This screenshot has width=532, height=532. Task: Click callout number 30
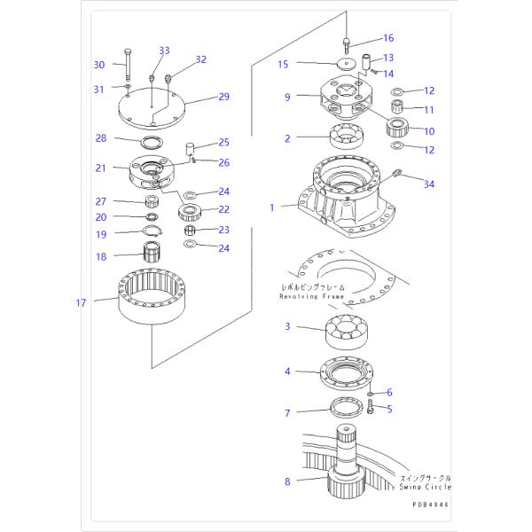click(x=99, y=64)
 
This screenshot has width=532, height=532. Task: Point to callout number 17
click(x=82, y=303)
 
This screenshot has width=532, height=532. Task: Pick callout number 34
click(x=429, y=184)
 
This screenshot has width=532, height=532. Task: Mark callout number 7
click(x=287, y=413)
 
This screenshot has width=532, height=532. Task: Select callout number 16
click(x=388, y=38)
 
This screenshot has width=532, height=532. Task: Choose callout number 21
click(x=101, y=168)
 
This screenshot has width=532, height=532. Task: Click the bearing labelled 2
click(x=349, y=137)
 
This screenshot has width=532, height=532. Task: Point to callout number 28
click(x=101, y=137)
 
